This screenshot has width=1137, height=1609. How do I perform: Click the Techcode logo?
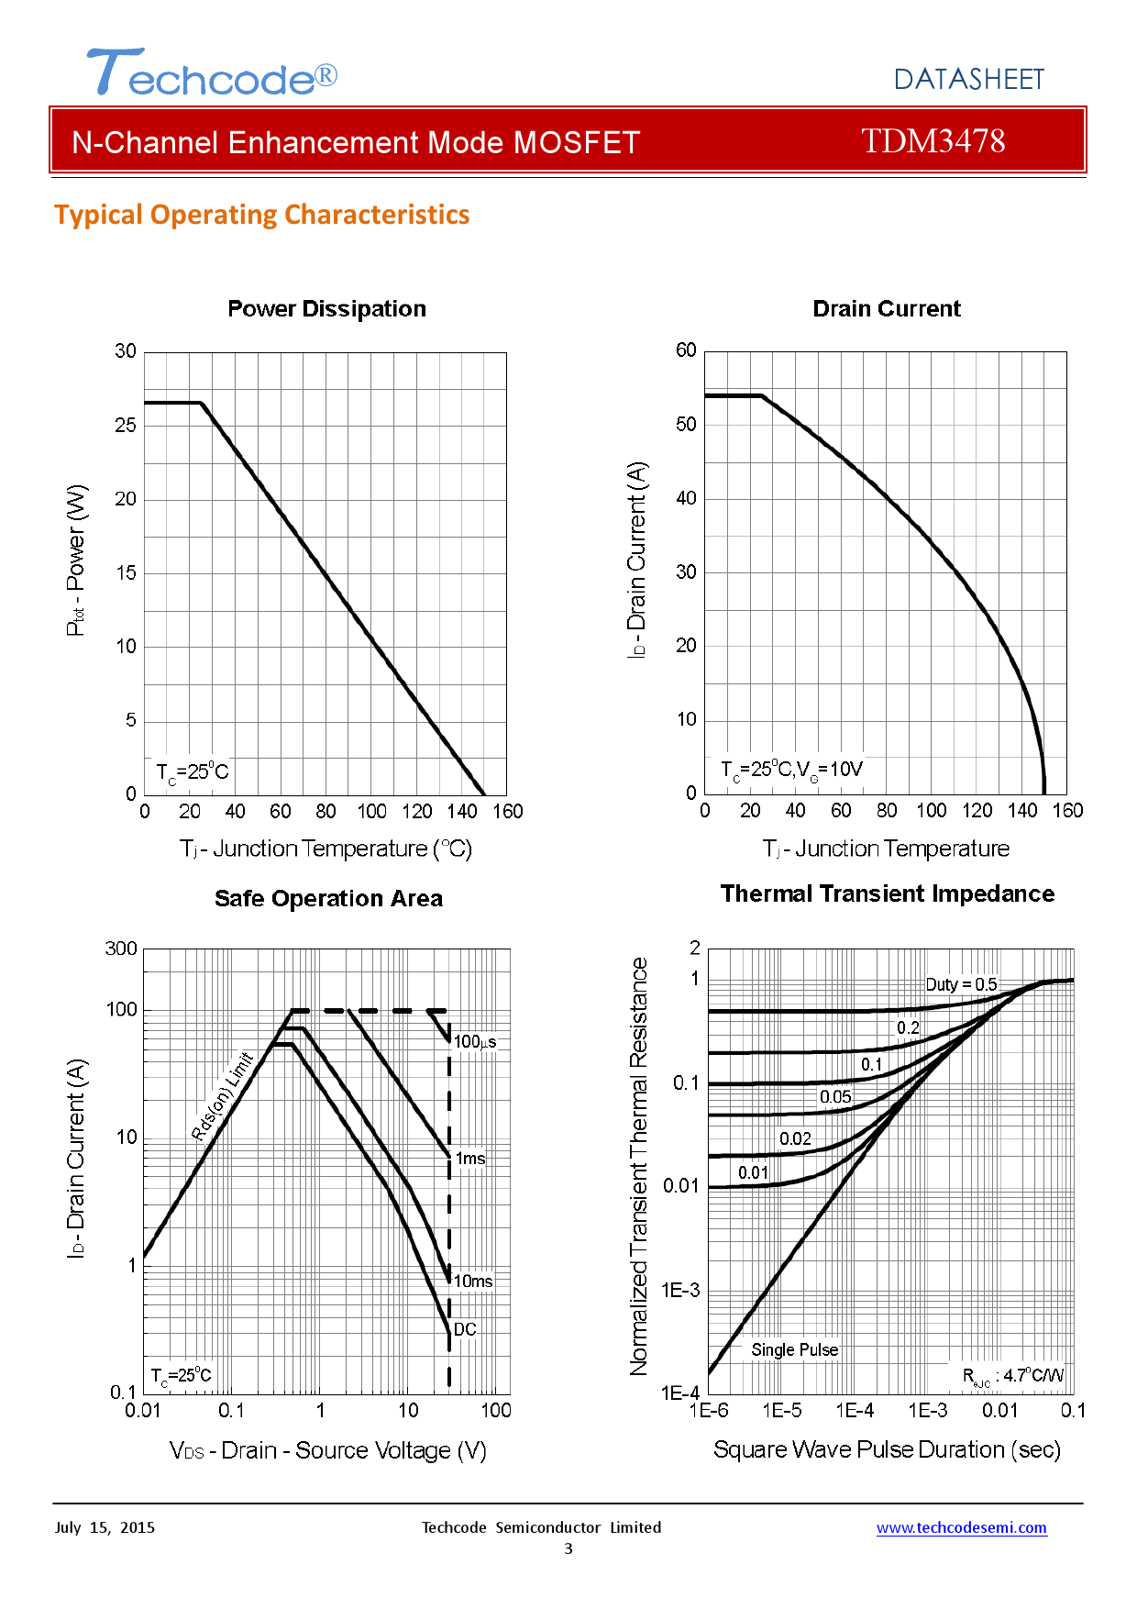[x=212, y=73]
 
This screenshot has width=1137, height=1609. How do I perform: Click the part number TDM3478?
[x=933, y=141]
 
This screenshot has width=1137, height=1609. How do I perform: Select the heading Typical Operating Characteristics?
[x=261, y=215]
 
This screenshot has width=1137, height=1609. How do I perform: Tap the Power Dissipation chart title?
[x=326, y=309]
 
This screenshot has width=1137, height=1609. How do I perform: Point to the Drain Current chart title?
[x=886, y=309]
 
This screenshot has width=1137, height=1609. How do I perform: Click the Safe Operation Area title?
[x=328, y=899]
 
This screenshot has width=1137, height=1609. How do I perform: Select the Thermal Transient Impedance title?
[x=887, y=894]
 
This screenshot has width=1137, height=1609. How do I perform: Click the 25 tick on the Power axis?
[x=126, y=426]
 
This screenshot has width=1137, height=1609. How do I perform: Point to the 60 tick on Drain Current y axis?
[x=686, y=350]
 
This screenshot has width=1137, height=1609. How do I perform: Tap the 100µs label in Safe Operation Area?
[x=475, y=1042]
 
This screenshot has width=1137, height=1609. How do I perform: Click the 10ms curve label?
[x=473, y=1282]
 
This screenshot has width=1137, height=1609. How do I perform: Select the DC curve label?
[x=465, y=1329]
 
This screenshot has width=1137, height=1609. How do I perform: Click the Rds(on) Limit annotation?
[x=222, y=1096]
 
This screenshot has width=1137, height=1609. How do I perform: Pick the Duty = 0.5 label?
[x=961, y=984]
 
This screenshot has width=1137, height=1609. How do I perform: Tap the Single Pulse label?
[x=794, y=1350]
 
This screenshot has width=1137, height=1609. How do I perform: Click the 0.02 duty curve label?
[x=795, y=1139]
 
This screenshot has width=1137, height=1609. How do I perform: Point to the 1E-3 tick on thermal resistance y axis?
[x=680, y=1291]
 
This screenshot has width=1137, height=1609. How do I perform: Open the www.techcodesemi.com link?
[x=961, y=1528]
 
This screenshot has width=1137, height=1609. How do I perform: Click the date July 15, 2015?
[x=105, y=1528]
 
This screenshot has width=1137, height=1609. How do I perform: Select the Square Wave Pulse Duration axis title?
[x=887, y=1449]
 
